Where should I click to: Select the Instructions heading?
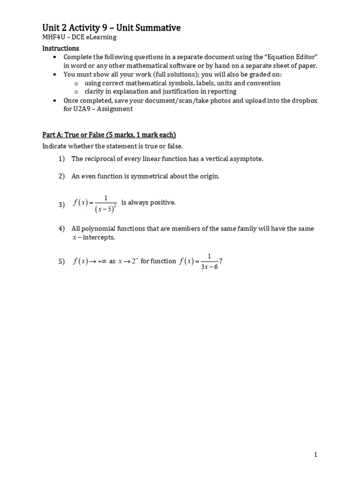pyautogui.click(x=60, y=48)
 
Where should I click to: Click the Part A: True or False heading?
pyautogui.click(x=109, y=135)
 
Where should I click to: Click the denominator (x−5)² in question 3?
pyautogui.click(x=106, y=209)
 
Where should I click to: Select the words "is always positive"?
pyautogui.click(x=148, y=202)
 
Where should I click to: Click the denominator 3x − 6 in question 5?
pyautogui.click(x=209, y=267)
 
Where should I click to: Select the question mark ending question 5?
pyautogui.click(x=220, y=262)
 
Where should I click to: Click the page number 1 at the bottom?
pyautogui.click(x=316, y=454)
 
